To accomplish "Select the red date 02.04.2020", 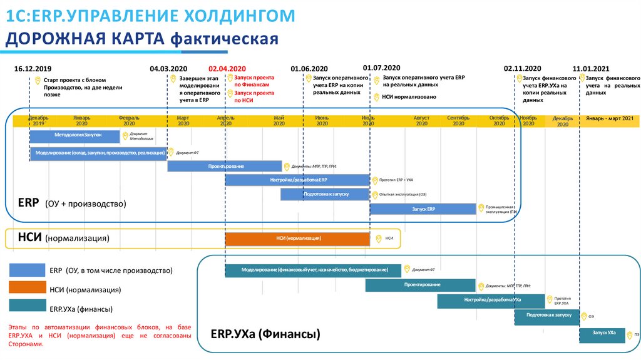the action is tap(227, 68).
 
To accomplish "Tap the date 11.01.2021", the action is tap(590, 68).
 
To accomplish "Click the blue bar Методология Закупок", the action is tap(74, 136).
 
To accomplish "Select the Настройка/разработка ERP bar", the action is tap(297, 180).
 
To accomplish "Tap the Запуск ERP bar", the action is tap(423, 209).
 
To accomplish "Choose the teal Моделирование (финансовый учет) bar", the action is tap(312, 270).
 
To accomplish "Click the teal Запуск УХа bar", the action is tap(602, 334).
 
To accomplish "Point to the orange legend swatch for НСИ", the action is tap(26, 287).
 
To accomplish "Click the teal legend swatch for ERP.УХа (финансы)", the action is tap(26, 306).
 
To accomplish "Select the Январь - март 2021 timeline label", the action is tap(610, 118).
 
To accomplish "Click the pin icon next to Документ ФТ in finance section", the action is tap(407, 269).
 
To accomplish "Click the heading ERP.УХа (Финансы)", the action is tap(265, 334).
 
